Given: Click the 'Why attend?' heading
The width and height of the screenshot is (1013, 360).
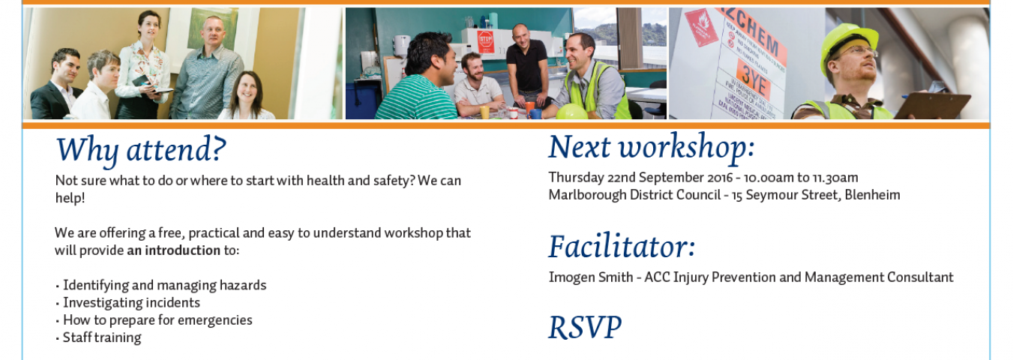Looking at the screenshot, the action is pos(141,151).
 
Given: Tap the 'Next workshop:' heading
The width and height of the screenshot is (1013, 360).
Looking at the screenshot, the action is pos(652,148).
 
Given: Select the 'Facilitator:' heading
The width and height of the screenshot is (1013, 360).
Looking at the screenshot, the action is pos(622,247).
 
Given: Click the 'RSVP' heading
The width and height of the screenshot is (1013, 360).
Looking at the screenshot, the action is pos(585,328).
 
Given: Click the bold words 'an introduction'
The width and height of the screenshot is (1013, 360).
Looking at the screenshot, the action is pos(174,250).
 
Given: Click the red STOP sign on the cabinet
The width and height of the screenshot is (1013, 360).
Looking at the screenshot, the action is pos(485,42).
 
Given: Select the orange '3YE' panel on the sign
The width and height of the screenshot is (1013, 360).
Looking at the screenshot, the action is pos(754,79).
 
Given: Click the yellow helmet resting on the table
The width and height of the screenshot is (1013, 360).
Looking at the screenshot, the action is pos(571,112).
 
